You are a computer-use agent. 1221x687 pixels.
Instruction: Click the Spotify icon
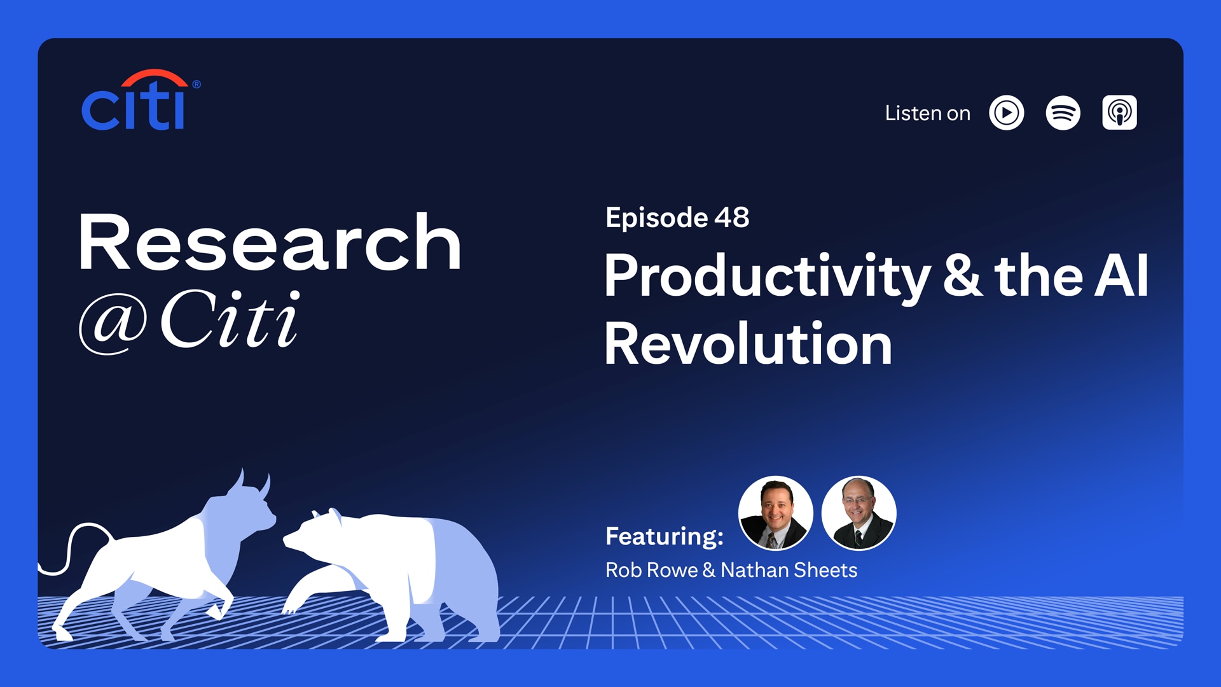point(1063,113)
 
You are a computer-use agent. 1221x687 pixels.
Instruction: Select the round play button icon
point(1006,113)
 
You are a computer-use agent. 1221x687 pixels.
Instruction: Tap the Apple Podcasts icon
point(1119,113)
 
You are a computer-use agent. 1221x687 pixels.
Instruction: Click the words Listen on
point(927,114)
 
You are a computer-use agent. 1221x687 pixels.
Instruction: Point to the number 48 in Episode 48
point(731,218)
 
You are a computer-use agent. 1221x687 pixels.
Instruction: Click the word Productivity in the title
point(766,277)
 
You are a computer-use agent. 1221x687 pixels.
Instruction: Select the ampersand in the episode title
point(962,276)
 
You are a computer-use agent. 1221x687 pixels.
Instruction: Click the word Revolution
point(748,344)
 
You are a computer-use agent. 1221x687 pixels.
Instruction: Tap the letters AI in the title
point(1121,276)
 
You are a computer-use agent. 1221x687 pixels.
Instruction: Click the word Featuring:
point(664,536)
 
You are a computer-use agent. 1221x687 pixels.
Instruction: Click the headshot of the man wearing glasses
point(859,513)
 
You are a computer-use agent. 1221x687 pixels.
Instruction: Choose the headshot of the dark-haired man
point(775,513)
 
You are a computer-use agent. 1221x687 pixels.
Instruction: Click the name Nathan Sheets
point(789,570)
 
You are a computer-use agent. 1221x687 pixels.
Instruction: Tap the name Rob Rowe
point(651,570)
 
